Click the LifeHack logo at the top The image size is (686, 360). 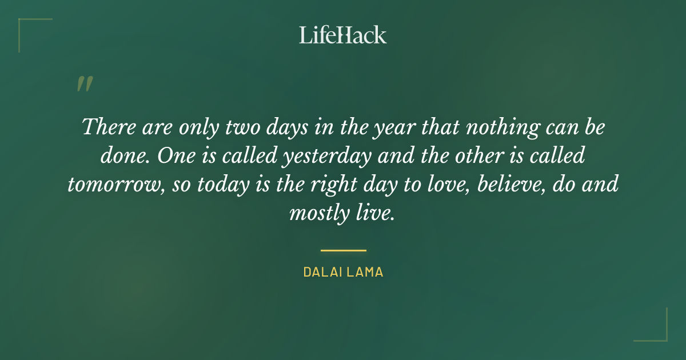coord(343,35)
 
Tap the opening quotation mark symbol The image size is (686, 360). coord(85,84)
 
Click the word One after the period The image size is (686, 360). coord(175,156)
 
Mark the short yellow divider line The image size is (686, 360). coord(343,250)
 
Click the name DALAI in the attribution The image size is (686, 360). coord(322,273)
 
